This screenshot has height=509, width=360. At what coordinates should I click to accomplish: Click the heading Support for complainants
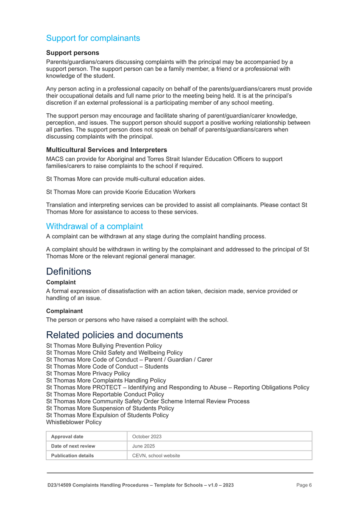click(93, 38)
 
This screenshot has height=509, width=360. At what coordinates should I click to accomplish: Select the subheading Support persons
click(73, 53)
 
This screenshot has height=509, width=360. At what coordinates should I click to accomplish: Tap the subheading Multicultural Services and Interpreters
click(106, 150)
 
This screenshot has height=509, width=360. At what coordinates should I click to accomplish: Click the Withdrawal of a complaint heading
click(94, 226)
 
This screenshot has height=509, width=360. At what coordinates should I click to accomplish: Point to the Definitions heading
click(68, 271)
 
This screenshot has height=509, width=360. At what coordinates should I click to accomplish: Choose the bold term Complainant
click(64, 311)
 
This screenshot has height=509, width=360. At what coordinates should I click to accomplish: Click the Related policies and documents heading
click(114, 335)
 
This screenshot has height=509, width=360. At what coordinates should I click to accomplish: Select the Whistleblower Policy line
click(74, 422)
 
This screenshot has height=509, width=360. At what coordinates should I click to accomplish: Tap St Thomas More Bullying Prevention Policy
click(104, 346)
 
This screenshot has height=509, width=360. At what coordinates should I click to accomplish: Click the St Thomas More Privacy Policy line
click(88, 374)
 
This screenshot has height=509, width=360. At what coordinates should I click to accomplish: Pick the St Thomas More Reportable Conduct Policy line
click(105, 394)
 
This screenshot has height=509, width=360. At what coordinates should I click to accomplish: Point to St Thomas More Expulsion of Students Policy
click(107, 415)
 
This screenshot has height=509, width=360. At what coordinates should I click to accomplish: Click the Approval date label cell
click(67, 436)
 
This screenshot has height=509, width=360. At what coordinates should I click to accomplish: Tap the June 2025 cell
click(144, 446)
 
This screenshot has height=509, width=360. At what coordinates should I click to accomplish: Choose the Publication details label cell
click(72, 456)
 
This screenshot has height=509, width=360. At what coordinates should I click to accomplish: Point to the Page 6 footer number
click(304, 485)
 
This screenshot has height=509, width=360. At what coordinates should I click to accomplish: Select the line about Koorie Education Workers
click(120, 192)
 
